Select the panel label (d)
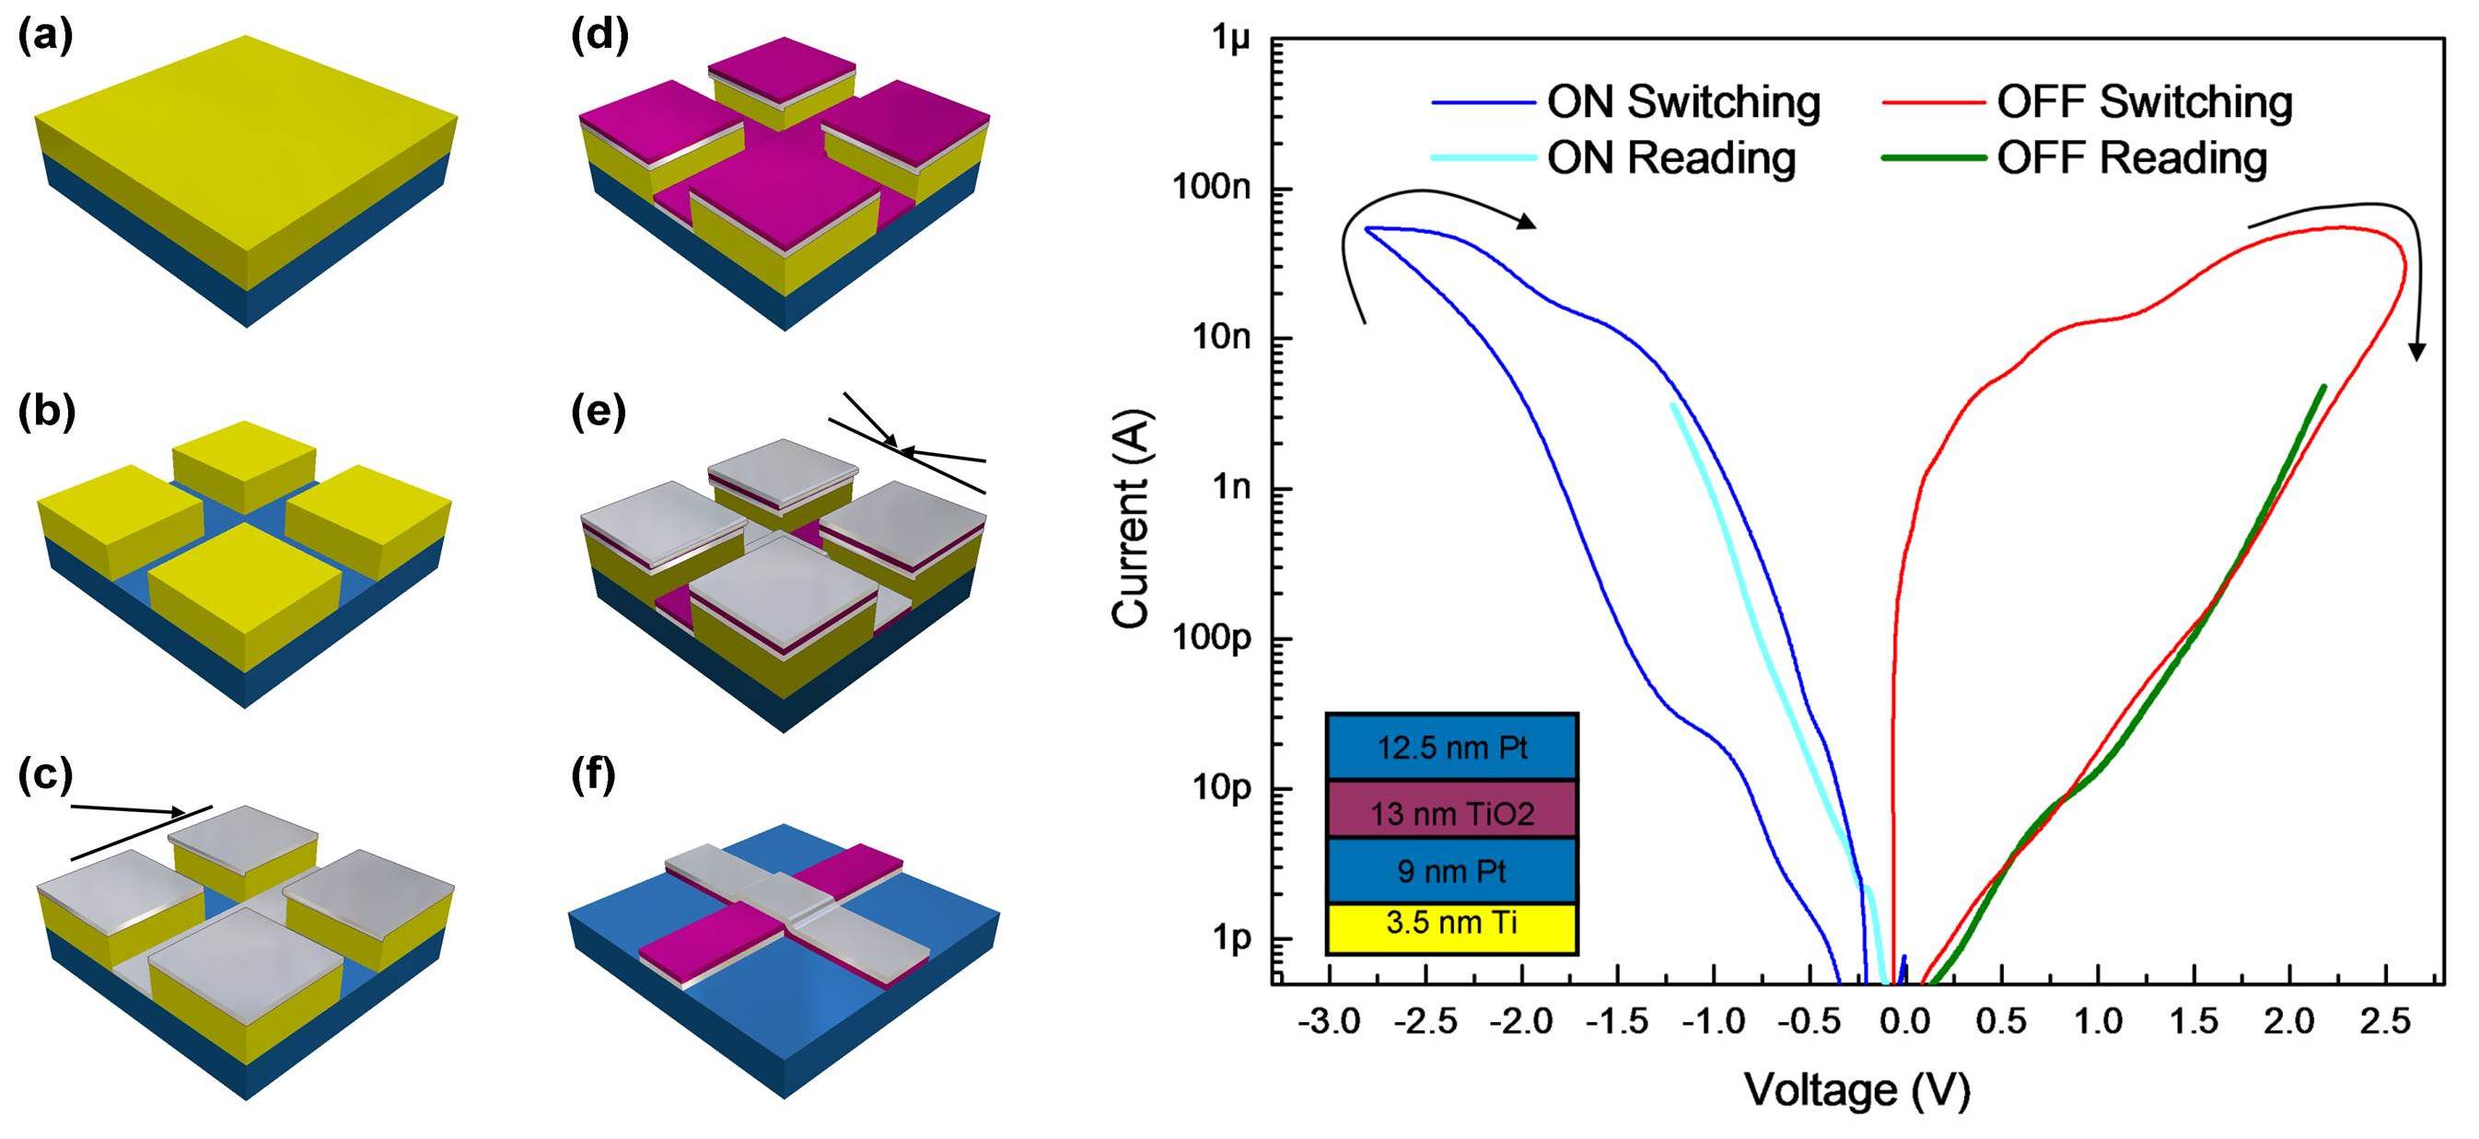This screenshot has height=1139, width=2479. [x=599, y=36]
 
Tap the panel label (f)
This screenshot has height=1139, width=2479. [x=594, y=775]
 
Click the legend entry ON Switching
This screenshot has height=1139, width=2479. [x=1683, y=102]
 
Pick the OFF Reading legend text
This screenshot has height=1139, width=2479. [x=2132, y=157]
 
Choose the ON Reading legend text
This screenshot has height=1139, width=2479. [x=1670, y=157]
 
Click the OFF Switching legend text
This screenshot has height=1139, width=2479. [x=2144, y=102]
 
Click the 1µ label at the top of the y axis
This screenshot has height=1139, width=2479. [x=1232, y=40]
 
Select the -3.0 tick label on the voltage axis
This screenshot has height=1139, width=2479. [x=1329, y=1020]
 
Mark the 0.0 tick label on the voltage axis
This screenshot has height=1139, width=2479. [x=1904, y=1020]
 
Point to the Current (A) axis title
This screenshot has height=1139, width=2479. [x=1132, y=518]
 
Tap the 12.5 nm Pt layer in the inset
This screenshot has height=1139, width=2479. [x=1451, y=747]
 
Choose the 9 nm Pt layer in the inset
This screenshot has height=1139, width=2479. [x=1451, y=871]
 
